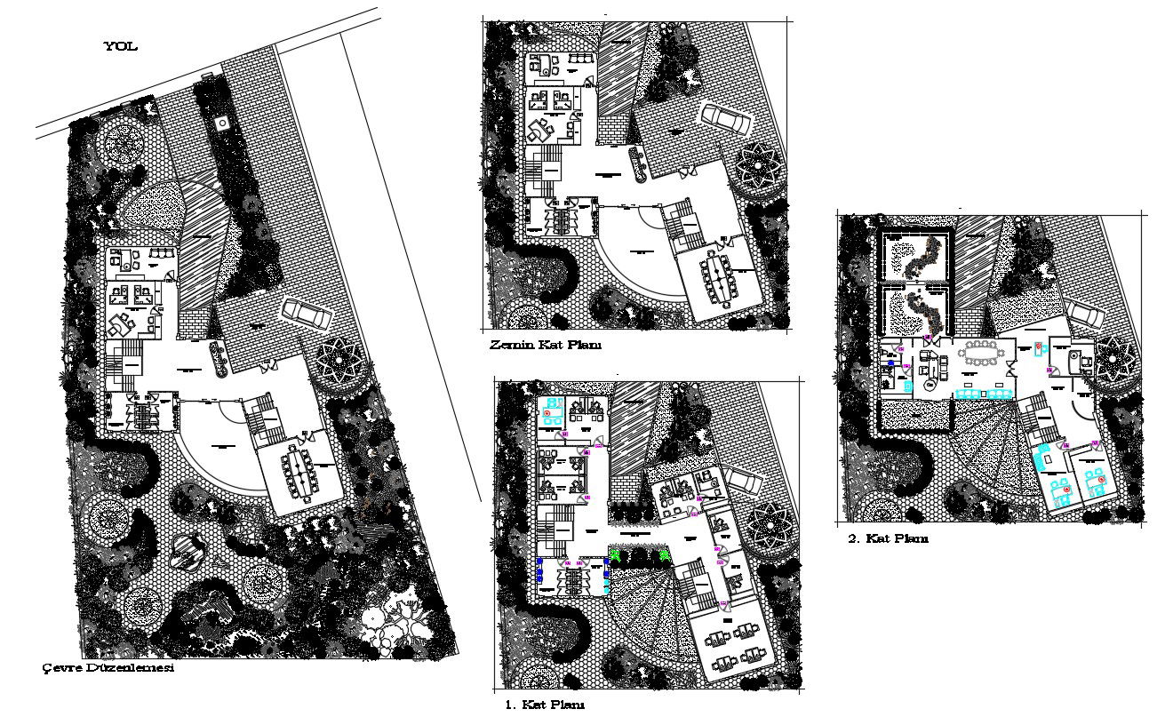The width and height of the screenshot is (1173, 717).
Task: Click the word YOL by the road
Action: tap(121, 47)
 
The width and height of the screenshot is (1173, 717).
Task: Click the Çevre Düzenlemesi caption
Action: tap(108, 667)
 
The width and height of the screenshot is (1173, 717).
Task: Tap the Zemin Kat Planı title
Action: tap(545, 345)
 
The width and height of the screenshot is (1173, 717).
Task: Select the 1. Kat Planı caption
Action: tap(545, 705)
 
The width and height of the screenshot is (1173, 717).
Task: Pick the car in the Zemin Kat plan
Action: tap(724, 116)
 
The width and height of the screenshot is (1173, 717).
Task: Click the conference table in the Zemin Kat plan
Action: tap(717, 275)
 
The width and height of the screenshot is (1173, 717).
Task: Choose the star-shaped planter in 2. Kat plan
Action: tap(1116, 359)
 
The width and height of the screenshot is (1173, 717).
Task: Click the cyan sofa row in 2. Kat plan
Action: tap(985, 393)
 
